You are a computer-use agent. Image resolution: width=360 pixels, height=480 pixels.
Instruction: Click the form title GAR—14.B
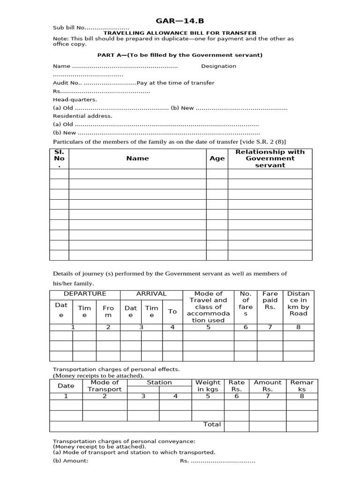[180, 21]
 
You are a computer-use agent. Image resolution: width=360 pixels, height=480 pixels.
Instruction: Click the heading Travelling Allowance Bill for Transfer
[180, 33]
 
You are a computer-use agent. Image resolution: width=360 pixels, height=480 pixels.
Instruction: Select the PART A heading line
[180, 55]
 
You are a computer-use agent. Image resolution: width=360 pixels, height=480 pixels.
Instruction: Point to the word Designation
[218, 66]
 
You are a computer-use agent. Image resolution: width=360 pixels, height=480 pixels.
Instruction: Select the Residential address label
[82, 116]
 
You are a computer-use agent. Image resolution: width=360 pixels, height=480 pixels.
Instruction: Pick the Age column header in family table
[217, 158]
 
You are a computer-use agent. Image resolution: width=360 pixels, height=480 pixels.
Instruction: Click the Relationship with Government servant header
[270, 158]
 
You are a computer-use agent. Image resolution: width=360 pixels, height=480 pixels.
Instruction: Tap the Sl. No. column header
[59, 158]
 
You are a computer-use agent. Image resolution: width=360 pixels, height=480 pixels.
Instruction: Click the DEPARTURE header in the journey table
[85, 294]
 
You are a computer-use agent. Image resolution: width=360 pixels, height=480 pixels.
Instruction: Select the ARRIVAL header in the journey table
[151, 294]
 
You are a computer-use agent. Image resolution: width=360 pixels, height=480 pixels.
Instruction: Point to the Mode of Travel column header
[208, 307]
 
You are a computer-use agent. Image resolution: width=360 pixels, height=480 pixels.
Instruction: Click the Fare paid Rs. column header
[270, 300]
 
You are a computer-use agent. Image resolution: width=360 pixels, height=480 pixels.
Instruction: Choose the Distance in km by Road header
[298, 303]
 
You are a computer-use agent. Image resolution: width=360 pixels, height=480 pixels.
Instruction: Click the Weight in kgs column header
[208, 386]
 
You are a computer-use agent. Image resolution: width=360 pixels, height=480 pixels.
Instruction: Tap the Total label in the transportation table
[212, 424]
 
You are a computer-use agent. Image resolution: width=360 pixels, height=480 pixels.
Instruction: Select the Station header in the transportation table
[159, 382]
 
